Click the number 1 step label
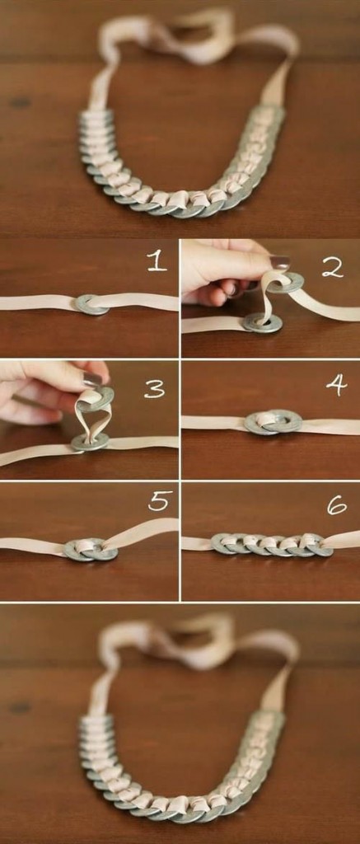(157, 261)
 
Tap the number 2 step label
(331, 266)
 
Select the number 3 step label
(155, 388)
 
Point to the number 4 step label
(336, 385)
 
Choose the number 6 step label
(336, 504)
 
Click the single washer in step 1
(91, 304)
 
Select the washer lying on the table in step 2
(262, 323)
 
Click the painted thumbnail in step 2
(279, 262)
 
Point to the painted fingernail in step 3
(92, 379)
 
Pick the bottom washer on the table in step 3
(89, 442)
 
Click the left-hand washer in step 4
(261, 424)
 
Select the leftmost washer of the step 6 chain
(224, 543)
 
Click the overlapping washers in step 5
(90, 549)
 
